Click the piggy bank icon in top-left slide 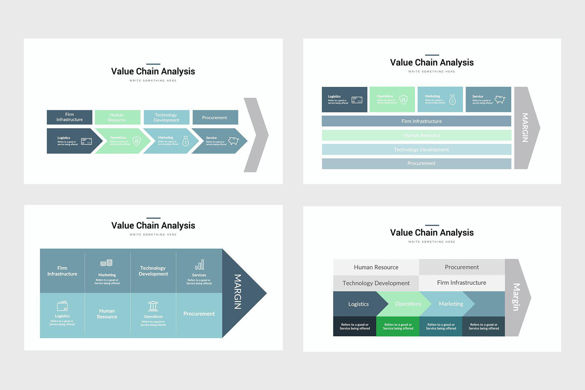click(x=233, y=141)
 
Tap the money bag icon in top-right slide click(x=452, y=99)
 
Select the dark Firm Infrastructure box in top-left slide click(x=69, y=117)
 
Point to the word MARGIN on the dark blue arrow click(x=238, y=292)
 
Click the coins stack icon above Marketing click(x=107, y=263)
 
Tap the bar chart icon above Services click(x=199, y=265)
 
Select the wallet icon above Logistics click(x=62, y=306)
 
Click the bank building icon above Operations click(x=153, y=306)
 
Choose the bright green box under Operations click(x=397, y=327)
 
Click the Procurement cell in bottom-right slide click(x=462, y=267)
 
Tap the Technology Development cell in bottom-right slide click(x=376, y=283)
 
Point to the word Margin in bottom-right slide click(x=516, y=297)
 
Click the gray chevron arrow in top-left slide click(x=257, y=135)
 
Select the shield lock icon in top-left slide click(x=137, y=141)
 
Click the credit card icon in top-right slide click(x=357, y=100)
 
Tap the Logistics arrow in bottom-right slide click(x=358, y=304)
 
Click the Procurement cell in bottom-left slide click(x=199, y=314)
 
